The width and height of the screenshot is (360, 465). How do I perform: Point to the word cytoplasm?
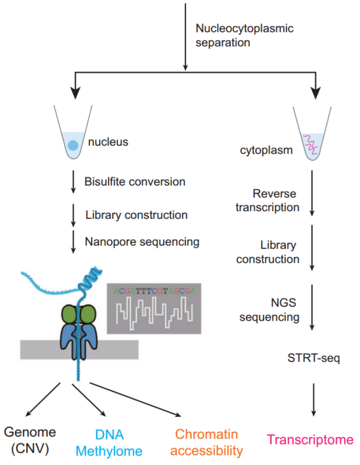262,152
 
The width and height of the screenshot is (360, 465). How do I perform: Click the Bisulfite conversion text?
134,182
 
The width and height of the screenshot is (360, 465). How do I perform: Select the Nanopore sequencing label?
141,242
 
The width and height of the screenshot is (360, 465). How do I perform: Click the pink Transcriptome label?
310,439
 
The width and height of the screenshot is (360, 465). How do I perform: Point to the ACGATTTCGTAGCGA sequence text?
154,290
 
